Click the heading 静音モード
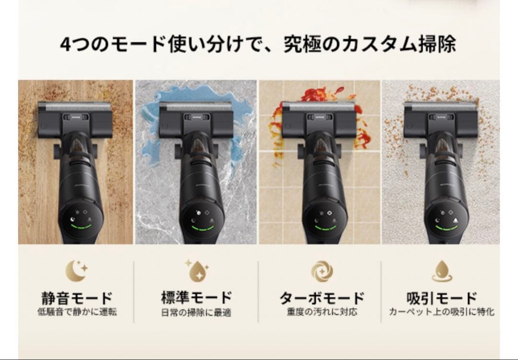(x=77, y=298)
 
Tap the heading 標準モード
(x=196, y=298)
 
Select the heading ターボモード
(x=322, y=298)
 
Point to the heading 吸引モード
(x=442, y=298)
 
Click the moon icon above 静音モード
(x=76, y=270)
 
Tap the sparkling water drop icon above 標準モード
(x=197, y=270)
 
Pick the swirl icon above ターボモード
(x=322, y=271)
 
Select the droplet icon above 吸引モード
(x=442, y=271)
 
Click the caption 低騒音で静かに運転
(x=77, y=312)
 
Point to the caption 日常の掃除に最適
(x=196, y=313)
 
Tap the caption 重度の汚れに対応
(x=322, y=312)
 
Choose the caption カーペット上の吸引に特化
(x=442, y=312)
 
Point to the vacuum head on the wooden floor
(x=75, y=118)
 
